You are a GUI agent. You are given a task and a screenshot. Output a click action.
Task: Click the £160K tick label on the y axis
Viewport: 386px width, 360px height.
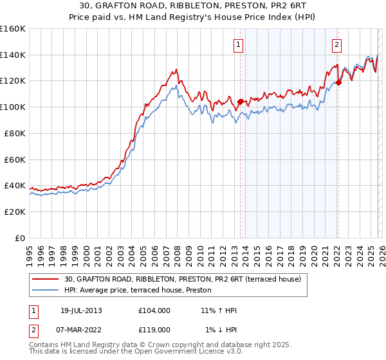pyautogui.click(x=13, y=29)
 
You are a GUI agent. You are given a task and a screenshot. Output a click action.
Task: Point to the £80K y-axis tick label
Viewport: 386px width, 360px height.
pyautogui.click(x=15, y=133)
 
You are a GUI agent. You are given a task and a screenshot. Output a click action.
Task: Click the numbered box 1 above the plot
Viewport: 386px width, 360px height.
pyautogui.click(x=239, y=45)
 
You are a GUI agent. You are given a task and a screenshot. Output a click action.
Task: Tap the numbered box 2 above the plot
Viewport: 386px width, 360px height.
pyautogui.click(x=336, y=45)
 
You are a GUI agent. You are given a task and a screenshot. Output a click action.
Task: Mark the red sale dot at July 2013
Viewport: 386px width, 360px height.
pyautogui.click(x=240, y=102)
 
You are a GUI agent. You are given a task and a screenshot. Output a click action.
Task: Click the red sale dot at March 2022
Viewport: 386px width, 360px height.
pyautogui.click(x=338, y=82)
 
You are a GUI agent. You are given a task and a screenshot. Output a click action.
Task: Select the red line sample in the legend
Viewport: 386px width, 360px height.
pyautogui.click(x=45, y=278)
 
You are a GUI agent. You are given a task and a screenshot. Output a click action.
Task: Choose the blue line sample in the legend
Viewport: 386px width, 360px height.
pyautogui.click(x=45, y=289)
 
